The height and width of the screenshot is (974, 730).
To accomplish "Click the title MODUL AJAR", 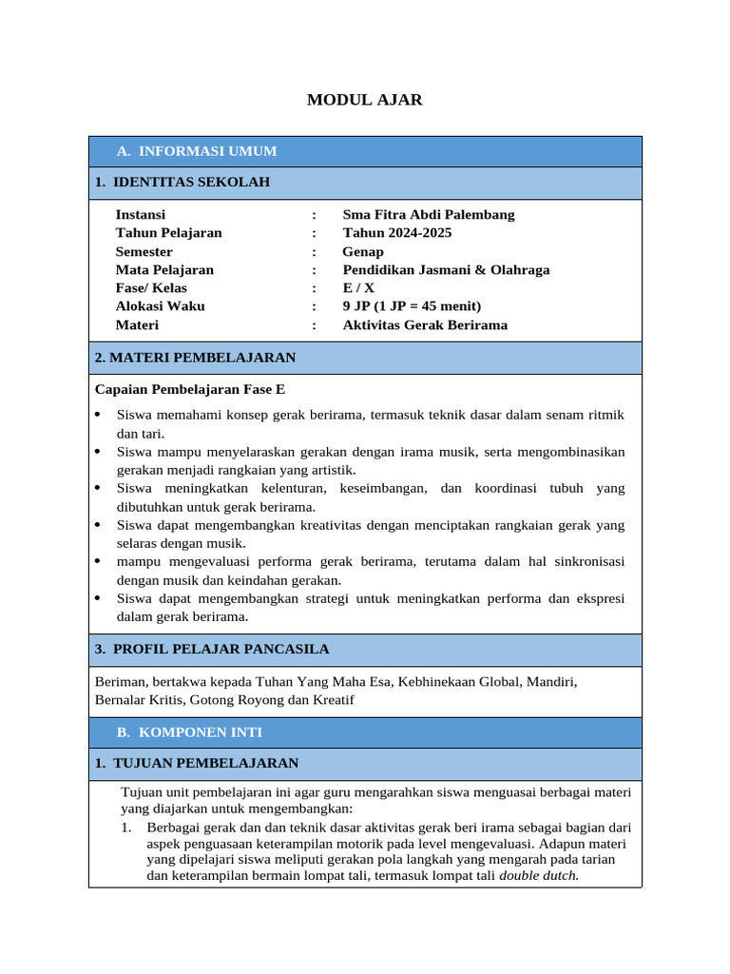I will click(364, 100).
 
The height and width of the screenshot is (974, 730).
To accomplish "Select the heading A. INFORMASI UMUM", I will click(197, 151).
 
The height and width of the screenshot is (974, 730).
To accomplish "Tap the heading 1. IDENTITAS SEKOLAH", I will click(182, 182).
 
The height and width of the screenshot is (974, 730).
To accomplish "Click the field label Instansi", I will click(141, 215).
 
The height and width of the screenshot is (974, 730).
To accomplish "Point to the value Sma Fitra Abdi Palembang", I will click(429, 215).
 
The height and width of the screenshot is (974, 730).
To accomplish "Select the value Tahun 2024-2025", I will click(397, 233).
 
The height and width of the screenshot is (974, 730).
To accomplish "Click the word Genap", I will click(363, 252).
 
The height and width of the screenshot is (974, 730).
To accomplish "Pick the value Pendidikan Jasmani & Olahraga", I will click(446, 270).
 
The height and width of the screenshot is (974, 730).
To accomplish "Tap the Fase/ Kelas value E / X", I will click(358, 288).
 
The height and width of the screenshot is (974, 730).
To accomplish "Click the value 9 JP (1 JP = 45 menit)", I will click(412, 306).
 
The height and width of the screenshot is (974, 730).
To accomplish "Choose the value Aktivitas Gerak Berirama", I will click(425, 325).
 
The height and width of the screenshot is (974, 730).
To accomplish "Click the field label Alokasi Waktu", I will click(160, 306).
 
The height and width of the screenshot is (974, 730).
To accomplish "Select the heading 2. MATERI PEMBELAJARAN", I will click(195, 358).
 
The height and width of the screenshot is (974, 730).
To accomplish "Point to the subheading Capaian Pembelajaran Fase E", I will click(190, 389).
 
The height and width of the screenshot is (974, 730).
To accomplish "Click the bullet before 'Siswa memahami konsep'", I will click(99, 416).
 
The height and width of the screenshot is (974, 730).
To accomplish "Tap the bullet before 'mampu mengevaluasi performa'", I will click(99, 561).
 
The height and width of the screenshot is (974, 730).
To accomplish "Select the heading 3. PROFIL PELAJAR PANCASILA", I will click(212, 650).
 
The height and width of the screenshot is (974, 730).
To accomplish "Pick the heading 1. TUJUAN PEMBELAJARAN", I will click(197, 763).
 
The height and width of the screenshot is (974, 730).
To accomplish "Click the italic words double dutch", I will click(538, 875).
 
